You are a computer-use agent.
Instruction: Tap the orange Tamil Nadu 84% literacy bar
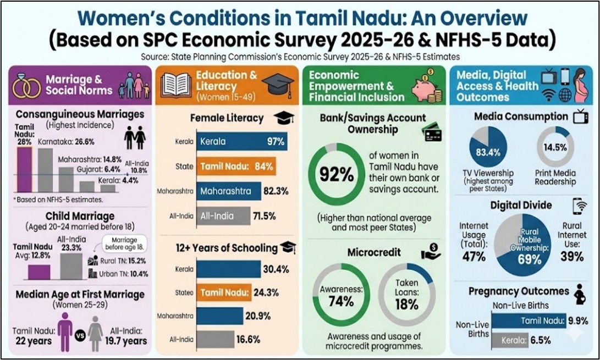236,167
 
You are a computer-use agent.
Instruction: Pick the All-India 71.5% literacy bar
223,215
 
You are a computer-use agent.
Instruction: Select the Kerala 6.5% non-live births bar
510,340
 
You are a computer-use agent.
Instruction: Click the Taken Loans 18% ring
407,295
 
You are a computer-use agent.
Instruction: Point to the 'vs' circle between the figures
80,334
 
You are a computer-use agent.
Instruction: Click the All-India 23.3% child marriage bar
71,265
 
